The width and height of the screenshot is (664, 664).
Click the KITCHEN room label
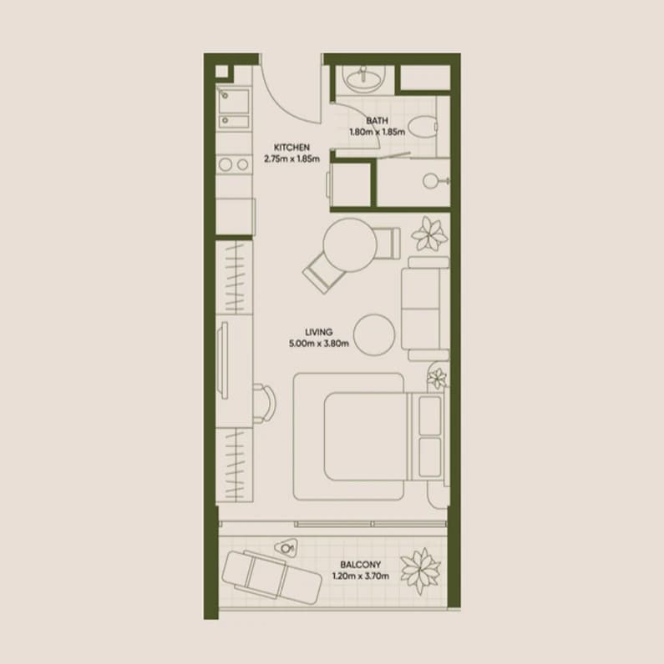coord(291,148)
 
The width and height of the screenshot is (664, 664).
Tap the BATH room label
coord(377,121)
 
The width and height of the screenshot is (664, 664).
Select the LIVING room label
coord(319,332)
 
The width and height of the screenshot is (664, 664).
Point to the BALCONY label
coord(361,565)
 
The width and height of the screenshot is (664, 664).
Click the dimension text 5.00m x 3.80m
coord(319,344)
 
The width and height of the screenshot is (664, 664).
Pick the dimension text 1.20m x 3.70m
coord(361,576)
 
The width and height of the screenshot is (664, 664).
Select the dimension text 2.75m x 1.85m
coord(291,158)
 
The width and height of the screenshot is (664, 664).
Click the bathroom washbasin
coord(364,78)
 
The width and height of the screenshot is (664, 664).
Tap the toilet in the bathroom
coord(423,127)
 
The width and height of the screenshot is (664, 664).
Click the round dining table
coord(350,244)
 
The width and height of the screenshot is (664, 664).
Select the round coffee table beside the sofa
coord(374,335)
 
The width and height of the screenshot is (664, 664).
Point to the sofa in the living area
coord(425,309)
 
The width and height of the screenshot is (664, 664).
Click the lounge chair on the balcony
coord(271,576)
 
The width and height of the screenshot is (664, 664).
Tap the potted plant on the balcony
coord(420,571)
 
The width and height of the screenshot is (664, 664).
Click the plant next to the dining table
coord(429,234)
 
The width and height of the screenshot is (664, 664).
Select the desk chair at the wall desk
coord(264,403)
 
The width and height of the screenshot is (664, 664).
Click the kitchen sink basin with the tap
coord(233,102)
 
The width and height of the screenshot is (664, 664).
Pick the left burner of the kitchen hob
coord(226,164)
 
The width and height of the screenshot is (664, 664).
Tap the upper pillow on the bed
coord(430,415)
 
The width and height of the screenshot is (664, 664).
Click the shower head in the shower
coord(430,181)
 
